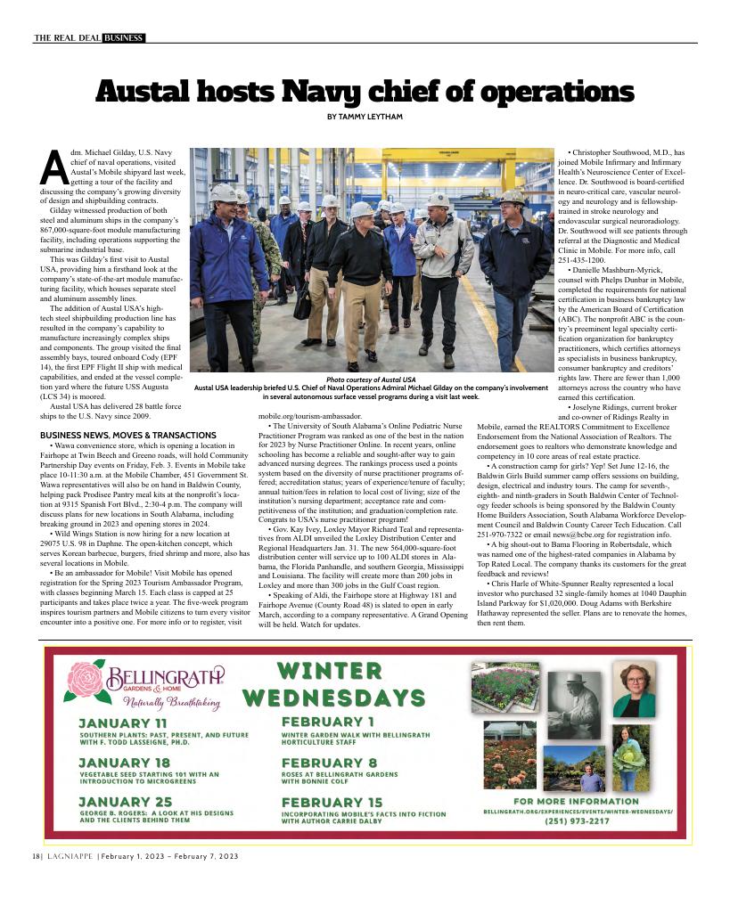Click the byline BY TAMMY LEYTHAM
[x=365, y=118]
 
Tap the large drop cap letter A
[x=53, y=168]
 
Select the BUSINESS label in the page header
[x=123, y=37]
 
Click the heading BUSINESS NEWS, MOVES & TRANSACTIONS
[x=116, y=435]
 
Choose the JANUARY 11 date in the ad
[x=122, y=722]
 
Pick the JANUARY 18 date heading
[x=124, y=763]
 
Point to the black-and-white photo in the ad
[x=573, y=705]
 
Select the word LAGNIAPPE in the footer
[x=70, y=857]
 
